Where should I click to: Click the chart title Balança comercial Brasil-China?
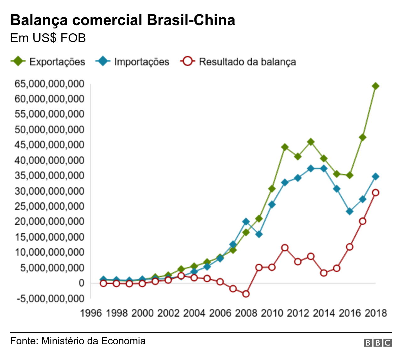click(x=122, y=20)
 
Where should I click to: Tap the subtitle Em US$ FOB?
click(x=48, y=38)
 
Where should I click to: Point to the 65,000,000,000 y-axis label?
click(x=49, y=84)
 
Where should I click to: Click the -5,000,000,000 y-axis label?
click(x=50, y=298)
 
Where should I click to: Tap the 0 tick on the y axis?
click(x=81, y=283)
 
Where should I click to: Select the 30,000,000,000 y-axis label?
click(x=49, y=191)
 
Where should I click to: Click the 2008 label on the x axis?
click(x=246, y=313)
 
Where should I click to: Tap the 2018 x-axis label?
click(x=376, y=313)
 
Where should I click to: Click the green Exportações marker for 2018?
click(x=375, y=86)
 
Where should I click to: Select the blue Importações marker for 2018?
click(x=375, y=177)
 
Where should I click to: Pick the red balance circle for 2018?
click(x=375, y=193)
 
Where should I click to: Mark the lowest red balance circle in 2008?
click(x=246, y=294)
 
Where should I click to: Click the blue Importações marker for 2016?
click(x=350, y=211)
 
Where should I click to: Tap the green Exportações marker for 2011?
click(x=285, y=147)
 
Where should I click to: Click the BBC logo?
click(x=378, y=343)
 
